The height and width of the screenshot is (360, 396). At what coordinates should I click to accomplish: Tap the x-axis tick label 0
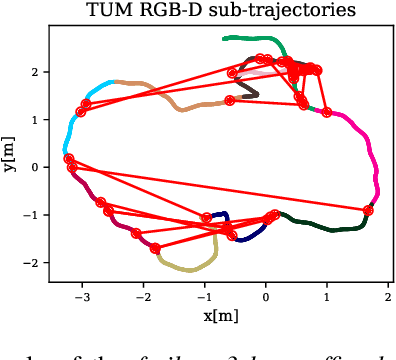click(266, 297)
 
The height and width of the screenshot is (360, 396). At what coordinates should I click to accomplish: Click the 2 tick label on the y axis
click(33, 72)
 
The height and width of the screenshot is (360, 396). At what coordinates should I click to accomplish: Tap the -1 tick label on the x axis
click(204, 297)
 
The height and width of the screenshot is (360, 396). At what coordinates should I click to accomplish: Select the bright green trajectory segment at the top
click(255, 40)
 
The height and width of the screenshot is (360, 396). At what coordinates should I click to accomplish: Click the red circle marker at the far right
click(368, 210)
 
